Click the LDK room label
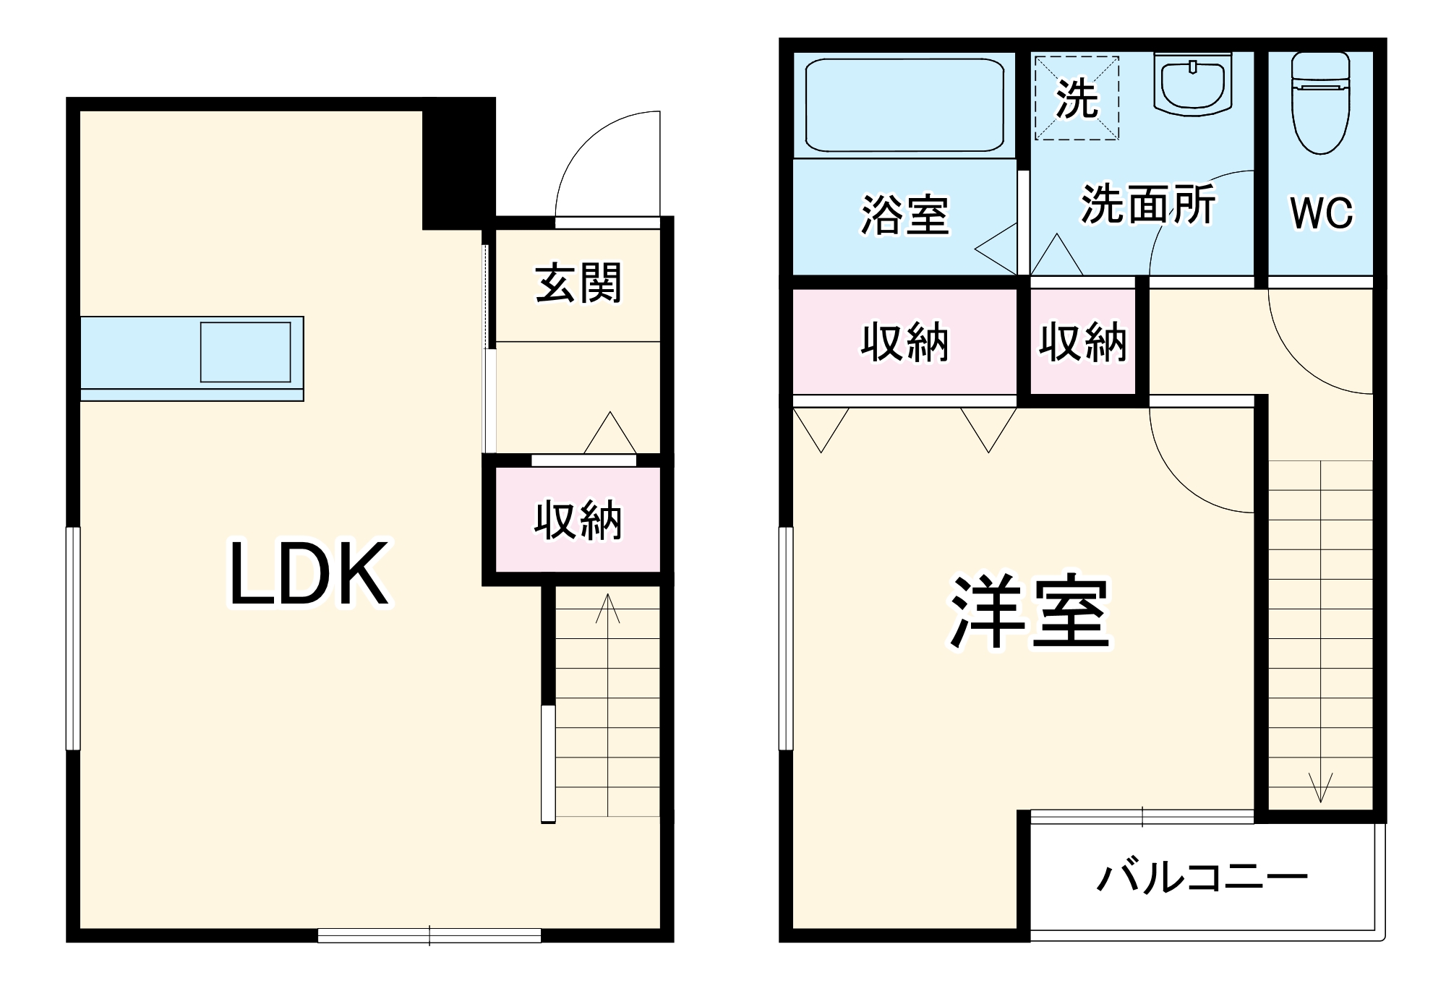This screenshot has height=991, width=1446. pyautogui.click(x=309, y=574)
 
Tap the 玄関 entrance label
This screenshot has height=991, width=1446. pyautogui.click(x=578, y=283)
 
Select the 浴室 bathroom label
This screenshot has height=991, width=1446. pyautogui.click(x=904, y=215)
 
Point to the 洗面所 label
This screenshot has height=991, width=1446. pyautogui.click(x=1148, y=205)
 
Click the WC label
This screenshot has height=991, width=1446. pyautogui.click(x=1321, y=213)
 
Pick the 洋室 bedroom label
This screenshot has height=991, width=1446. pyautogui.click(x=1030, y=613)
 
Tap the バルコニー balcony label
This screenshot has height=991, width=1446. pyautogui.click(x=1202, y=878)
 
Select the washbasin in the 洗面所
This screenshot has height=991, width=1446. pyautogui.click(x=1193, y=83)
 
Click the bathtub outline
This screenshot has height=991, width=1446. pyautogui.click(x=904, y=105)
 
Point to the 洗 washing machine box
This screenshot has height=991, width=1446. pyautogui.click(x=1077, y=98)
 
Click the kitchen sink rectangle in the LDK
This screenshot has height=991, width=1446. pyautogui.click(x=246, y=352)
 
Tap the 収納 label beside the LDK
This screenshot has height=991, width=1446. pyautogui.click(x=578, y=520)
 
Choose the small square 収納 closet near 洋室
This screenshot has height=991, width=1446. pyautogui.click(x=1082, y=342)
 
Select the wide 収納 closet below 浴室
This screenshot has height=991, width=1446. pyautogui.click(x=904, y=342)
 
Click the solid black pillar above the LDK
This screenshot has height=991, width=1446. pyautogui.click(x=458, y=163)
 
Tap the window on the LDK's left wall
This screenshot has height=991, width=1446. pyautogui.click(x=73, y=638)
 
